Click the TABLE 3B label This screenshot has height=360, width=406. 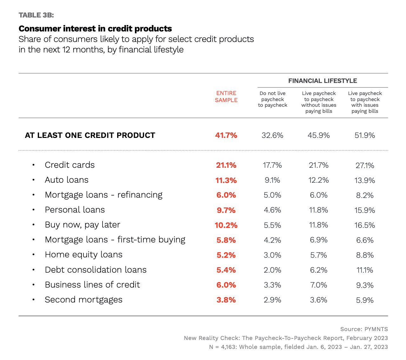point(36,15)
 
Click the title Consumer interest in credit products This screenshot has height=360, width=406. point(95,29)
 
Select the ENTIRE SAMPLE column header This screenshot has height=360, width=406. point(226,97)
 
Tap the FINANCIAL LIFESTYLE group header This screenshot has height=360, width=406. point(323,81)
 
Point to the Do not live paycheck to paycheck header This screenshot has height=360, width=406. point(272,99)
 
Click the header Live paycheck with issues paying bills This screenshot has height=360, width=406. point(365,102)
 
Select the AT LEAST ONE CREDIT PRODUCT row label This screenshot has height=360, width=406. point(90,135)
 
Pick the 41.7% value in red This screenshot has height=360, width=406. point(226,135)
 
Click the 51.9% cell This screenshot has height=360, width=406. point(365,135)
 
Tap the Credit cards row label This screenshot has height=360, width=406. point(70,165)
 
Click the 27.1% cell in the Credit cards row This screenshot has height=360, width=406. point(365,165)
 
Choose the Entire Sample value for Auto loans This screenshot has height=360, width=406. point(226,180)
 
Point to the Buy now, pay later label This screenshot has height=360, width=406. point(83,225)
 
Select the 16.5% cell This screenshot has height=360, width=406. point(365,225)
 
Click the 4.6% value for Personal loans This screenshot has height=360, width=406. point(272,210)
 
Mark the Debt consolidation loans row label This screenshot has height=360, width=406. point(96,270)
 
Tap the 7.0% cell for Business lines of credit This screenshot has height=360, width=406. point(318,285)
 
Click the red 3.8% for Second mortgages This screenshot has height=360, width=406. point(226,300)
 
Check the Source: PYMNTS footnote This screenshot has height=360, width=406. point(364,329)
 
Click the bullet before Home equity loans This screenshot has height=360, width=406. point(33,255)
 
